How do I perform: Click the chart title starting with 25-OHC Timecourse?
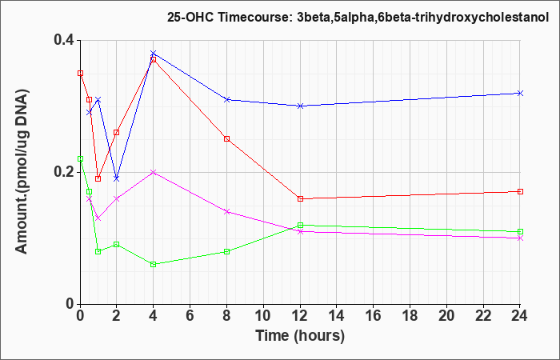(x=358, y=17)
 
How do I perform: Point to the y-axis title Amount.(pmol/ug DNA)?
(x=22, y=172)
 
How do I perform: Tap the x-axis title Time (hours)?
(x=300, y=335)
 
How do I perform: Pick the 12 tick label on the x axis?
(x=300, y=316)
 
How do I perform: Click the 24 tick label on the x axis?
(x=520, y=316)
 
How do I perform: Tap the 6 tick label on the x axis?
(x=190, y=316)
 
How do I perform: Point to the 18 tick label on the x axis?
(x=410, y=316)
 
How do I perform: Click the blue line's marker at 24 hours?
(x=520, y=94)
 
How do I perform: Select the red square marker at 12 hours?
(x=300, y=199)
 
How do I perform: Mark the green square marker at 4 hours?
(x=154, y=264)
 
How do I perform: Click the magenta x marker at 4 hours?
(x=154, y=172)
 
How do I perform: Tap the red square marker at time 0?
(x=80, y=74)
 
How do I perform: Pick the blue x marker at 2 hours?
(x=117, y=178)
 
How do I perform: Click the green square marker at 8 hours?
(x=226, y=251)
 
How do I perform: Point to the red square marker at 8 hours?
(x=226, y=139)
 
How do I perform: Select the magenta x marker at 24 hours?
(x=520, y=238)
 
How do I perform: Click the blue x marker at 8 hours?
(x=226, y=100)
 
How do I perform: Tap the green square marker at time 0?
(x=80, y=159)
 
